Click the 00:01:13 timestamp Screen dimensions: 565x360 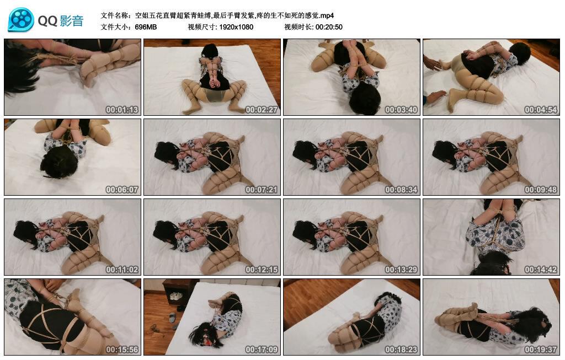(x=122, y=110)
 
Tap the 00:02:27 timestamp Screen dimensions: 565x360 (x=262, y=110)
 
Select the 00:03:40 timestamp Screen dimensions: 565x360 (x=401, y=110)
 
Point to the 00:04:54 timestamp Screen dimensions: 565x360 (x=541, y=110)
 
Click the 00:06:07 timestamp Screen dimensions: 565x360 (x=122, y=190)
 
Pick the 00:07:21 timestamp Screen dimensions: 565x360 (x=262, y=190)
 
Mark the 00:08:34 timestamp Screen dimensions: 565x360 (x=401, y=190)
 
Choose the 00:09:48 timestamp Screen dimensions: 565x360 (x=541, y=190)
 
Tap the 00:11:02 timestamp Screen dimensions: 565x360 (x=122, y=270)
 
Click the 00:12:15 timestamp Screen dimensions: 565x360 (x=262, y=270)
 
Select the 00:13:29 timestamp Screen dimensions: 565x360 (x=401, y=270)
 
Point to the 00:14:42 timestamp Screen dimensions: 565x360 (x=541, y=270)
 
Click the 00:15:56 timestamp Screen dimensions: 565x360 (x=122, y=350)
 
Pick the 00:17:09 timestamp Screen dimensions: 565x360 (x=262, y=350)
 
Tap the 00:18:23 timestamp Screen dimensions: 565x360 (x=401, y=350)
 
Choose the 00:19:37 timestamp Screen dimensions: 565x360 (x=541, y=350)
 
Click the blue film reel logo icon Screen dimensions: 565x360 (x=21, y=20)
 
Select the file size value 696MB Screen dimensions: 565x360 (x=146, y=27)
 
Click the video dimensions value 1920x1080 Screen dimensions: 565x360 (x=236, y=27)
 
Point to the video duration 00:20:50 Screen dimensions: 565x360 (x=329, y=27)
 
